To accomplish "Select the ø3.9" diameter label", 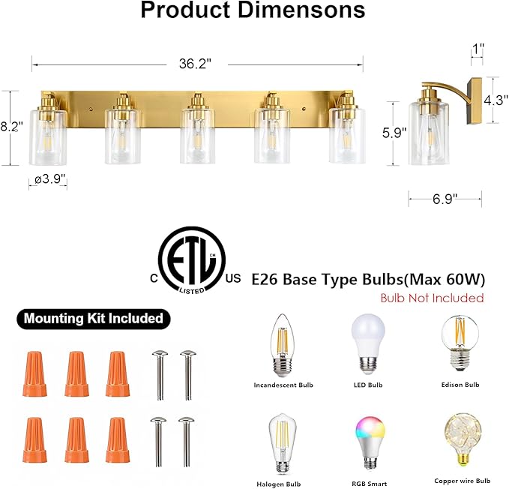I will (49, 179).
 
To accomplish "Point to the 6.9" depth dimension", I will (445, 198).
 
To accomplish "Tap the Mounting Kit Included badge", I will (93, 318).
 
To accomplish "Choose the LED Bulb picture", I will (367, 342).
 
